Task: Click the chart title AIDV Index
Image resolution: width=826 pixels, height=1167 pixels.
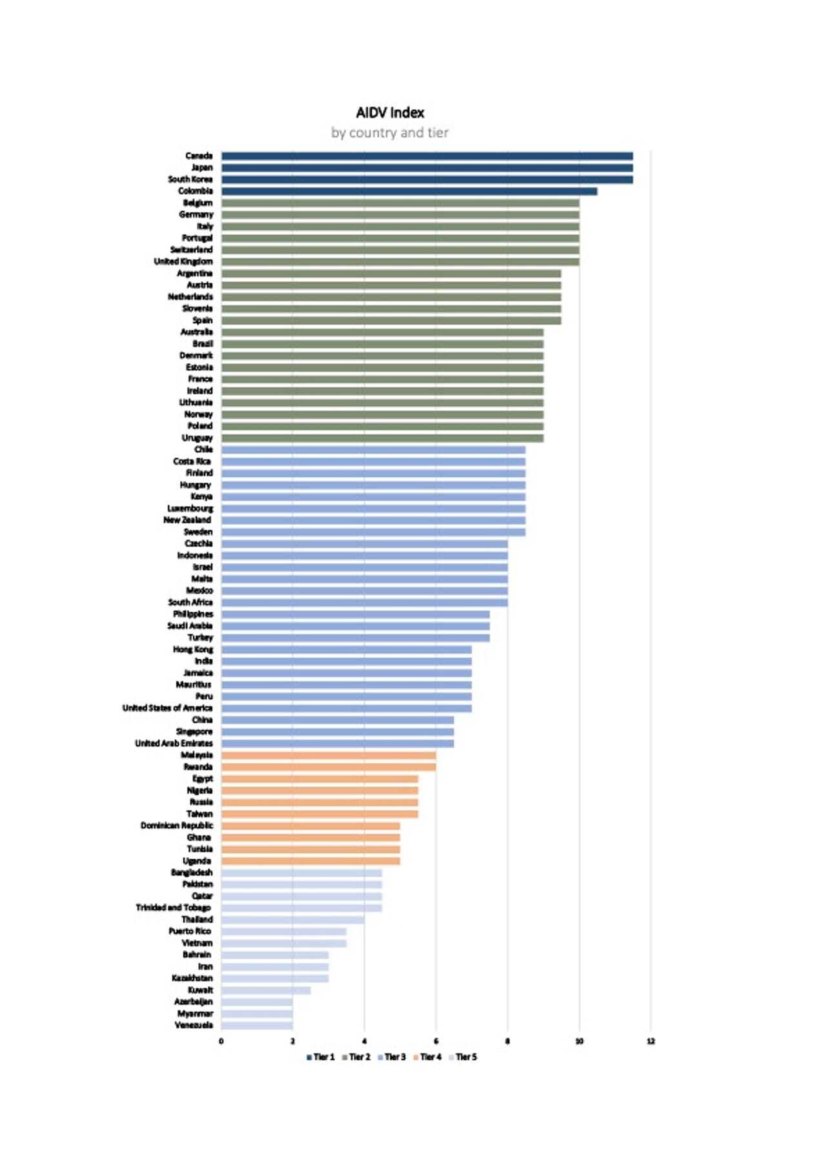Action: (x=390, y=113)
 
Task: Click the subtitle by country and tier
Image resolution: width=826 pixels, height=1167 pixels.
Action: (x=390, y=133)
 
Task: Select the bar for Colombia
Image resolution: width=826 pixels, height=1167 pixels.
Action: (x=409, y=191)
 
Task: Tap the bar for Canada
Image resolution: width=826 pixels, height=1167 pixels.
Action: (x=427, y=156)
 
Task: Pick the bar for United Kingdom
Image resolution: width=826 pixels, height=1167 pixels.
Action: (x=400, y=261)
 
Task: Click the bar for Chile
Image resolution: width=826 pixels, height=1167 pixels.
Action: (x=373, y=450)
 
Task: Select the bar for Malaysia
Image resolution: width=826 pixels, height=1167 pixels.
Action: (x=328, y=755)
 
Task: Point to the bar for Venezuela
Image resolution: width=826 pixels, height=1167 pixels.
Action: (x=257, y=1025)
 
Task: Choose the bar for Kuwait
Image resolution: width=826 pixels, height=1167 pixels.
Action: (x=266, y=990)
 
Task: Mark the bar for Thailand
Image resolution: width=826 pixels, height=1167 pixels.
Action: (x=292, y=920)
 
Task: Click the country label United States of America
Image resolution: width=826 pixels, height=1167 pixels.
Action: (x=167, y=708)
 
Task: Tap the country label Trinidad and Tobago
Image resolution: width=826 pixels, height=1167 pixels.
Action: (x=173, y=908)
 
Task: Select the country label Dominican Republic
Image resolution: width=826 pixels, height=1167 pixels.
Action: (x=177, y=826)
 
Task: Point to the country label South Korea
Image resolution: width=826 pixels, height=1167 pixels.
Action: (x=190, y=179)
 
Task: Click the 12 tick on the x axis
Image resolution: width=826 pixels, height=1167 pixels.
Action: (x=650, y=1041)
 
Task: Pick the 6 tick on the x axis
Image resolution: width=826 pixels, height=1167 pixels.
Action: (x=436, y=1041)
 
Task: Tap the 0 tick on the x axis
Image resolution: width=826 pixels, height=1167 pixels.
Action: (x=221, y=1041)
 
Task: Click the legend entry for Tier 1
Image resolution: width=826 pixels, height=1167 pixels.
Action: (x=321, y=1057)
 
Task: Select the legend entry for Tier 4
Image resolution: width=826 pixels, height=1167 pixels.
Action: (x=427, y=1057)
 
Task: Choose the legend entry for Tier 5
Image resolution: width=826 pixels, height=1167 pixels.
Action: (x=463, y=1057)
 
